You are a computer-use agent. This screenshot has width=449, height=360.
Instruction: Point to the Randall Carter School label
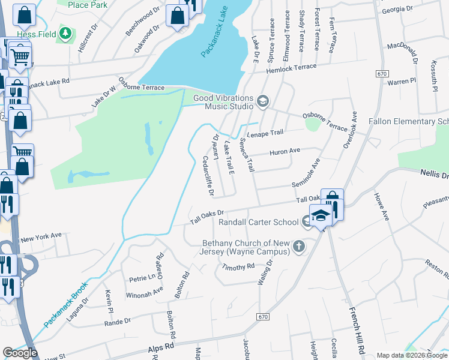259,222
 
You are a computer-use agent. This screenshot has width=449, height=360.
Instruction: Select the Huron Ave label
285,151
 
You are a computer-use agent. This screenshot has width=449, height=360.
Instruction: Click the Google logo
20,353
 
